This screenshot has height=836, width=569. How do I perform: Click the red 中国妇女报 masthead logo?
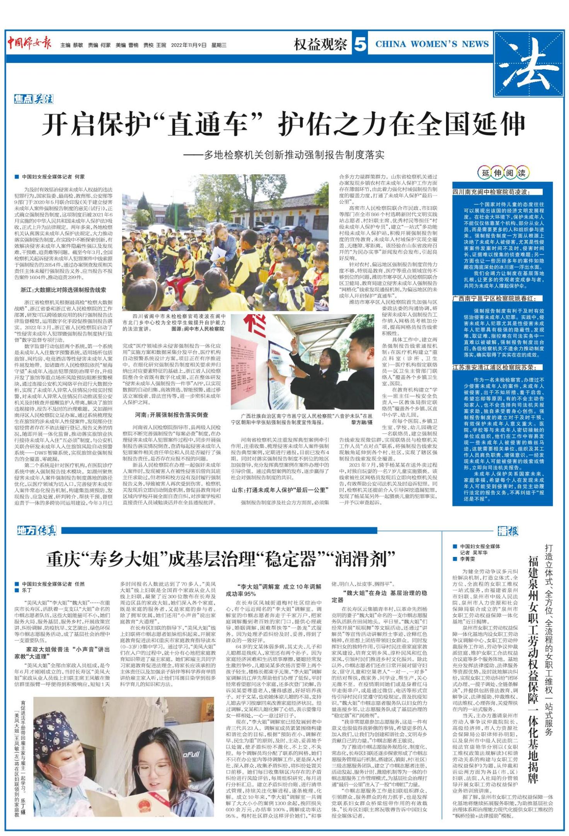pyautogui.click(x=29, y=43)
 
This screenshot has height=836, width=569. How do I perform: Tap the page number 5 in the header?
pyautogui.click(x=360, y=45)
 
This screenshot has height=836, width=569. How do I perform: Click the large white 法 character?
pyautogui.click(x=528, y=64)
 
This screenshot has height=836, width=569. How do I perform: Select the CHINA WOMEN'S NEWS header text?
pyautogui.click(x=432, y=44)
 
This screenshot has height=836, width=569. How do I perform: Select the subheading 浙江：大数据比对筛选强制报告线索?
pyautogui.click(x=63, y=289)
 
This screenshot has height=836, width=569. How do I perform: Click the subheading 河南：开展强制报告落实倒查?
pyautogui.click(x=171, y=415)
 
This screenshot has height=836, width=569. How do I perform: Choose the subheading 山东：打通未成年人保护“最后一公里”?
pyautogui.click(x=280, y=490)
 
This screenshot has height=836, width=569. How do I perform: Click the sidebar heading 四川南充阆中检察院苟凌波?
pyautogui.click(x=491, y=192)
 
